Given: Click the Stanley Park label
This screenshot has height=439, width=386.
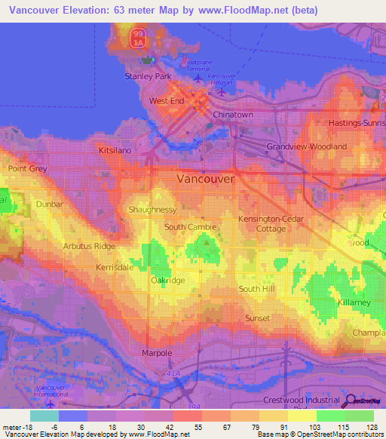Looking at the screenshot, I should coord(148,76).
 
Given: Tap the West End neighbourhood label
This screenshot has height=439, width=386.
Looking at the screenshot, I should coord(166,100).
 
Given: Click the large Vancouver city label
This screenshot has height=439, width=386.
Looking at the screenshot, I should coord(206,180).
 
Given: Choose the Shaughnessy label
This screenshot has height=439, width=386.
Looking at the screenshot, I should coord(153,210).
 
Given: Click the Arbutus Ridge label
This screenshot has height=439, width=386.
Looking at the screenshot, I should coord(90,247).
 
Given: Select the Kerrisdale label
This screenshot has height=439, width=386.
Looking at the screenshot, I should coord(114,267).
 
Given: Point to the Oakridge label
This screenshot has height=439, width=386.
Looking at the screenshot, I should coord(167,280).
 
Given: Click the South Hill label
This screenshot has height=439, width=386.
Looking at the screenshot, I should coord(256,289).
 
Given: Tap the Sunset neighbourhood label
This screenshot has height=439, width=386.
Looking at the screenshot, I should coord(257,318).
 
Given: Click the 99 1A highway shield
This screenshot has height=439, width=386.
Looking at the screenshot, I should coord(138,38).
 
